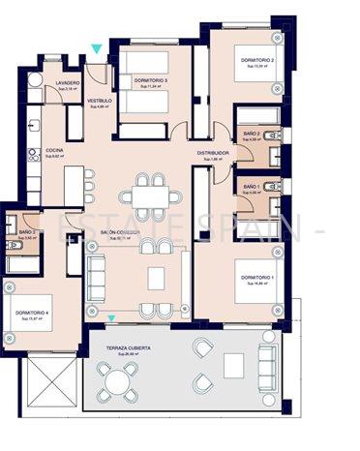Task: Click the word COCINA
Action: pyautogui.click(x=53, y=150)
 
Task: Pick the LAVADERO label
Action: pyautogui.click(x=54, y=83)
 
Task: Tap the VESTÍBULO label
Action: pyautogui.click(x=101, y=101)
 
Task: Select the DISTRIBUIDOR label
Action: pyautogui.click(x=213, y=153)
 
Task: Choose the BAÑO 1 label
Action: pyautogui.click(x=251, y=186)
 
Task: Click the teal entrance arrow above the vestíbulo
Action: pyautogui.click(x=95, y=48)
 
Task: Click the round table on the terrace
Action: pyautogui.click(x=117, y=384)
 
